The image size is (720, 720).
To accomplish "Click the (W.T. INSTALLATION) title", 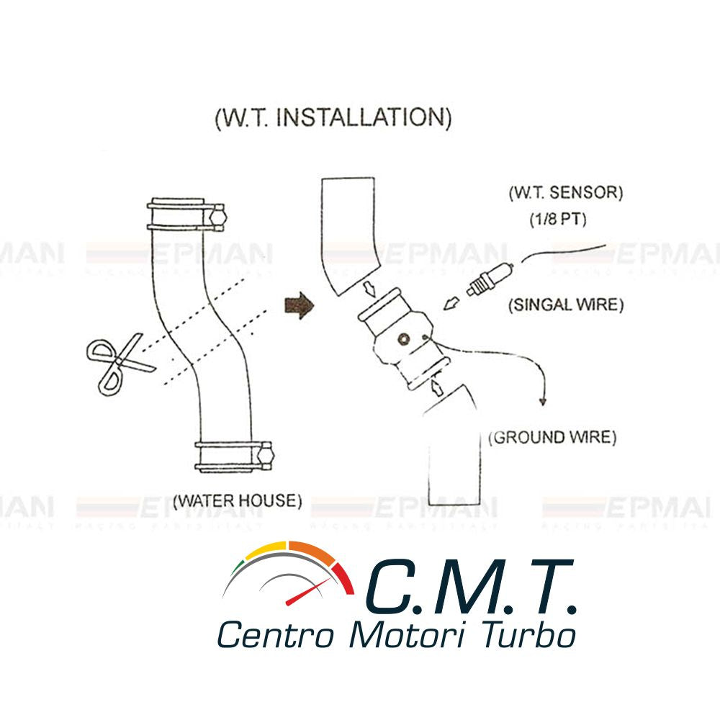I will pyautogui.click(x=333, y=117).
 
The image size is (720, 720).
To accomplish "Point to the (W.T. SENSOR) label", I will pyautogui.click(x=565, y=193).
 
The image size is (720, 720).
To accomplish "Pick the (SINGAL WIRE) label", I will pyautogui.click(x=565, y=305).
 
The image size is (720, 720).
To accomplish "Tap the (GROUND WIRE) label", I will pyautogui.click(x=552, y=437).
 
